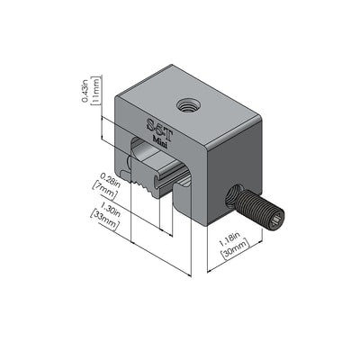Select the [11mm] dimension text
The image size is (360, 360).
coord(96,90)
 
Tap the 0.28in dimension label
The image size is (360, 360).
coord(110,180)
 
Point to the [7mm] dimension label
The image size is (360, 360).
coord(104,191)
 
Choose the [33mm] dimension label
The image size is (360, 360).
coord(104,220)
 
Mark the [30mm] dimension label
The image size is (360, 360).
coord(235,248)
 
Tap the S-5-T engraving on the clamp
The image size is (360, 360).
coord(158,129)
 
